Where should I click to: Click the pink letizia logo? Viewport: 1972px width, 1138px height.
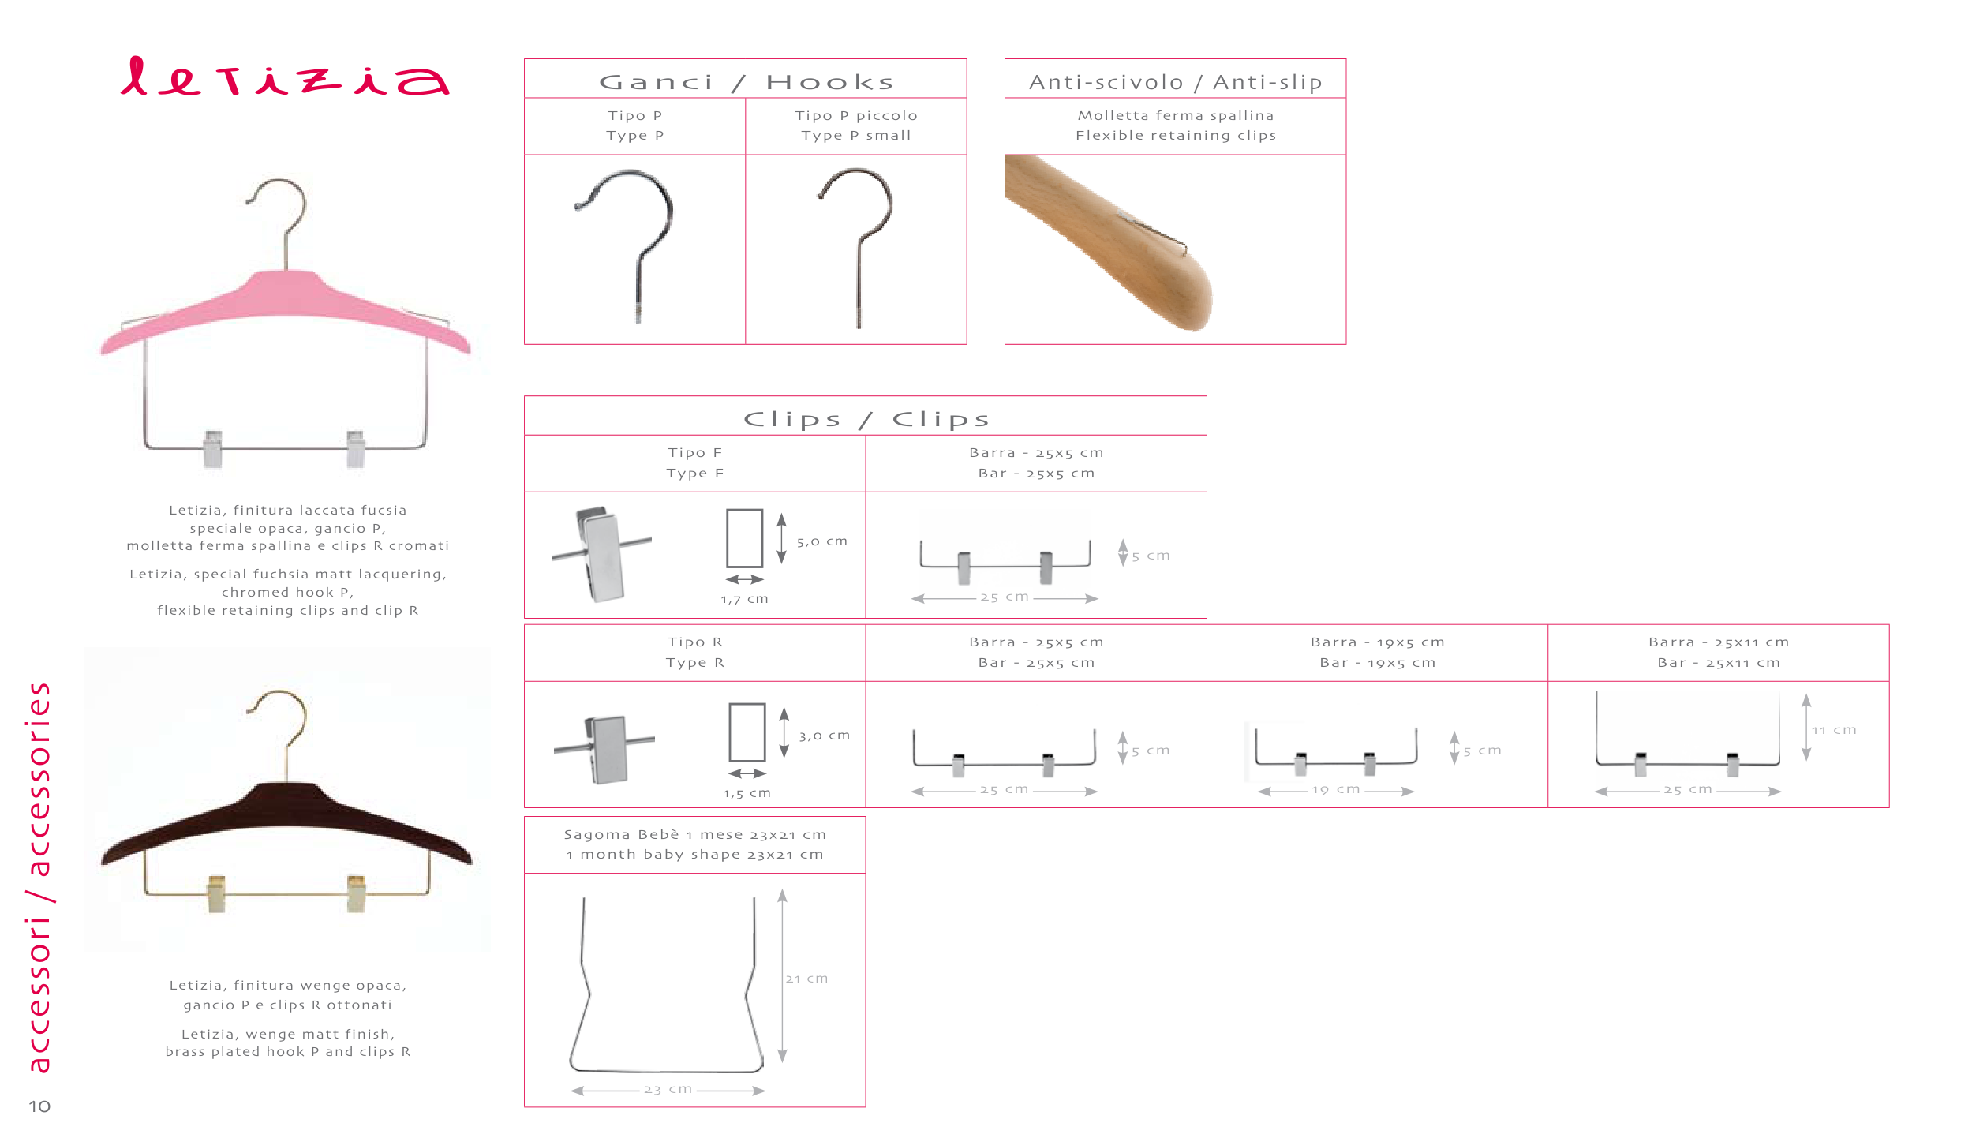pos(285,77)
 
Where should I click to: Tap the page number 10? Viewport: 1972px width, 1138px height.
pos(39,1106)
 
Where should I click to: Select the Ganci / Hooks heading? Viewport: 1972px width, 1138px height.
pos(746,82)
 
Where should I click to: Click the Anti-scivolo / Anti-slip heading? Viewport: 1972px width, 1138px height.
pos(1175,82)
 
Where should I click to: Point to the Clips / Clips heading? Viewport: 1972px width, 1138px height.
pos(866,419)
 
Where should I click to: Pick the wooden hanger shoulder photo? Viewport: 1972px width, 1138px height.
pos(1109,241)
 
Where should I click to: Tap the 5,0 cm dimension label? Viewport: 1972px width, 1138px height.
pos(821,541)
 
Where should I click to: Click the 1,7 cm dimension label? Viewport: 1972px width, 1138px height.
pos(744,599)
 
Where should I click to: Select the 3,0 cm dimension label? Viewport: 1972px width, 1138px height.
pos(825,736)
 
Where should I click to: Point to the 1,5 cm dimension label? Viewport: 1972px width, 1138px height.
pos(747,793)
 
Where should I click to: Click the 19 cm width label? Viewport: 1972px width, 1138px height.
pos(1336,789)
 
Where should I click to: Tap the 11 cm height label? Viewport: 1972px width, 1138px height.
pos(1833,730)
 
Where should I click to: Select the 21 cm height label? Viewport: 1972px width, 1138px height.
pos(806,979)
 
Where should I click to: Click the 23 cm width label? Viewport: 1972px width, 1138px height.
pos(668,1089)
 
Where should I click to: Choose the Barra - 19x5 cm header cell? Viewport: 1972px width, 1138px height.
pos(1377,653)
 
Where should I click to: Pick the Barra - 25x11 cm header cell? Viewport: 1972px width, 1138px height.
pos(1718,653)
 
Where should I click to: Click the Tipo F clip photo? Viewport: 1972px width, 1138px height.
pos(602,553)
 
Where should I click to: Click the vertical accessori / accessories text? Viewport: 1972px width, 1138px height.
pos(39,878)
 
